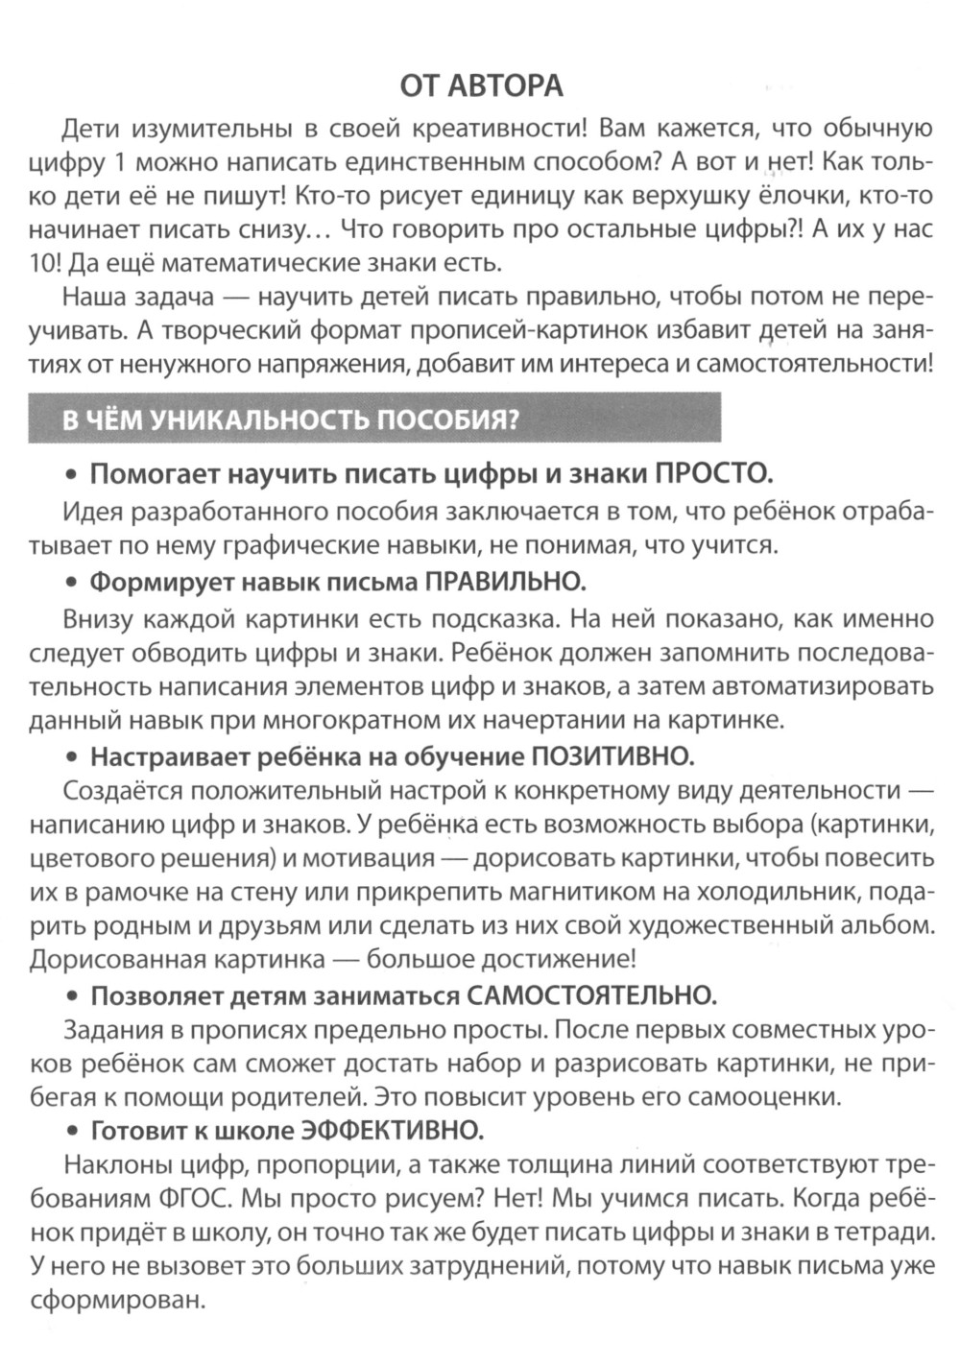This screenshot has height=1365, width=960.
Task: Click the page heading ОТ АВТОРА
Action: (x=481, y=86)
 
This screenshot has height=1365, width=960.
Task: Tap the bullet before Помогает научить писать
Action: (x=71, y=475)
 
